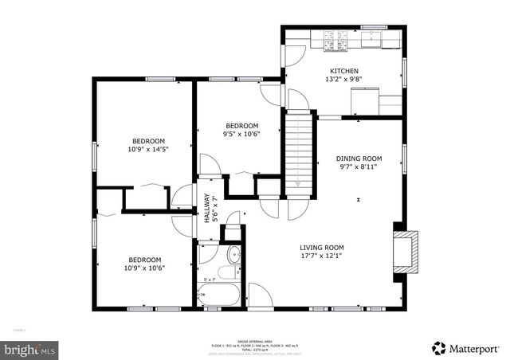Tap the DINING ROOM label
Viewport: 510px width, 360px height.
(x=359, y=158)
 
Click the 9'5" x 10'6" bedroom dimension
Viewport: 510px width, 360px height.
(x=241, y=134)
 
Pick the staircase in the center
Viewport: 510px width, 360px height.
(x=297, y=150)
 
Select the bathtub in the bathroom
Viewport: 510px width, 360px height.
(x=218, y=295)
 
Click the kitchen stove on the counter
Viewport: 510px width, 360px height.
(x=329, y=39)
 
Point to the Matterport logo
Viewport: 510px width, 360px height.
(x=468, y=347)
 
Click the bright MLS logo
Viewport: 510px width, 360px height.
(x=29, y=349)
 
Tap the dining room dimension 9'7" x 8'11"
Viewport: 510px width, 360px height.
(x=359, y=167)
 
